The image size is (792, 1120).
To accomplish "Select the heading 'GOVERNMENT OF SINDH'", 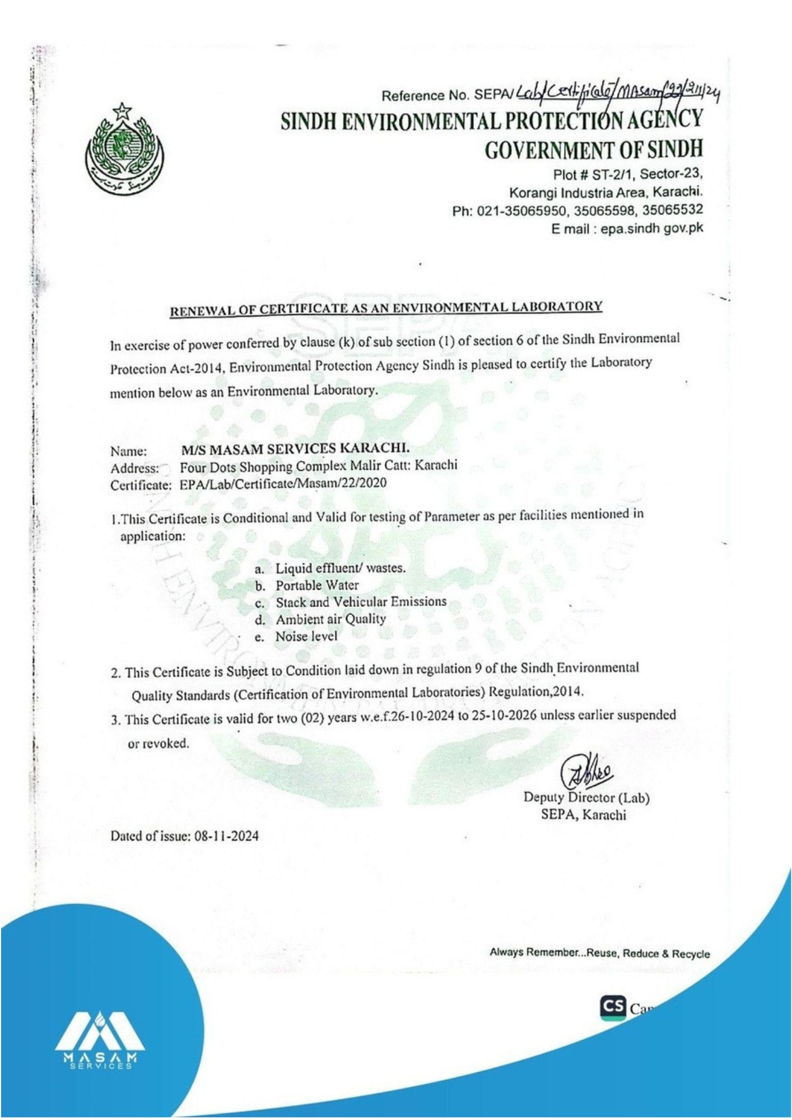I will [593, 150].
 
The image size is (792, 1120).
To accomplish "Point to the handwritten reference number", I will [616, 94].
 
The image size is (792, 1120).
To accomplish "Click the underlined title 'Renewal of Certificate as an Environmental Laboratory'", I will [386, 308].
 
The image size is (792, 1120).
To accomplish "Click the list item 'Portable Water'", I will [317, 585].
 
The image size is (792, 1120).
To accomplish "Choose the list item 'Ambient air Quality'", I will [330, 619].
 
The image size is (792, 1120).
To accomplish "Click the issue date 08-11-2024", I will [226, 837].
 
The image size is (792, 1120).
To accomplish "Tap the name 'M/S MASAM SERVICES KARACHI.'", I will [295, 449].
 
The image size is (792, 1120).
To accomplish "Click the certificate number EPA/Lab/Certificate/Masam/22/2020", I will [283, 483].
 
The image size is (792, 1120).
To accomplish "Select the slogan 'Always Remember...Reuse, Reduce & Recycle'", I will [599, 953].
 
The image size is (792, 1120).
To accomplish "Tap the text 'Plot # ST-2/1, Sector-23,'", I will [627, 174].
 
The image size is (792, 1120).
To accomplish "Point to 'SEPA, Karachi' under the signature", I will [583, 814].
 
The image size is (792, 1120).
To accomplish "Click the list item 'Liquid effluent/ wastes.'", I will [340, 568].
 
